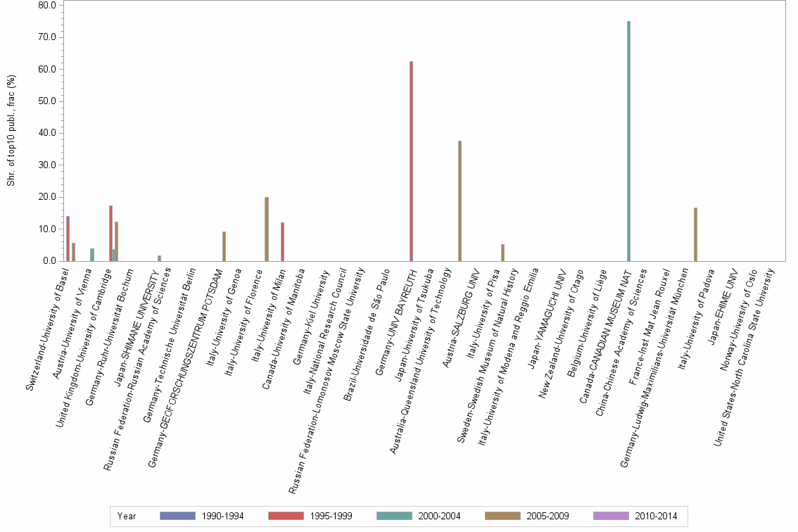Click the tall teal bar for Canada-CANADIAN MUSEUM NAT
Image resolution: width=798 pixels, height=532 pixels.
(628, 141)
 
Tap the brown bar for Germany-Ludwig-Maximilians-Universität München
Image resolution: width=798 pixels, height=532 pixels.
(695, 234)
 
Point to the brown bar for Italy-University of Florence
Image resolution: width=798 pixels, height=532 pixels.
(267, 229)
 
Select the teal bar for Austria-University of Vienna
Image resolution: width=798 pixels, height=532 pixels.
(91, 255)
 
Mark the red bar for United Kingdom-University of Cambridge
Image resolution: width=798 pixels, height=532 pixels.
(110, 233)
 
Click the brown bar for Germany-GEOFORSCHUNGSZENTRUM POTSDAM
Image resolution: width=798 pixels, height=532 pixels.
(224, 246)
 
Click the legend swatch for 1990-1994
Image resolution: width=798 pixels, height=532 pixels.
(178, 516)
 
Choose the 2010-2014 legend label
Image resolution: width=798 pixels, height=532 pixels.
(655, 516)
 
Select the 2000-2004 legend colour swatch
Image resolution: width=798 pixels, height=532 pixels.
(395, 516)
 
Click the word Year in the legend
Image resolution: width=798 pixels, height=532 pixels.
(127, 516)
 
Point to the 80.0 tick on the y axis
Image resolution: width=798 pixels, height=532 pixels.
(47, 5)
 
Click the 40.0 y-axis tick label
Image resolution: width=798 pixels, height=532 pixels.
(47, 133)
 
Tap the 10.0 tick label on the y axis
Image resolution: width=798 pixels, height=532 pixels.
(47, 229)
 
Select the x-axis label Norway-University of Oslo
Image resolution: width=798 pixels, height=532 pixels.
(733, 307)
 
